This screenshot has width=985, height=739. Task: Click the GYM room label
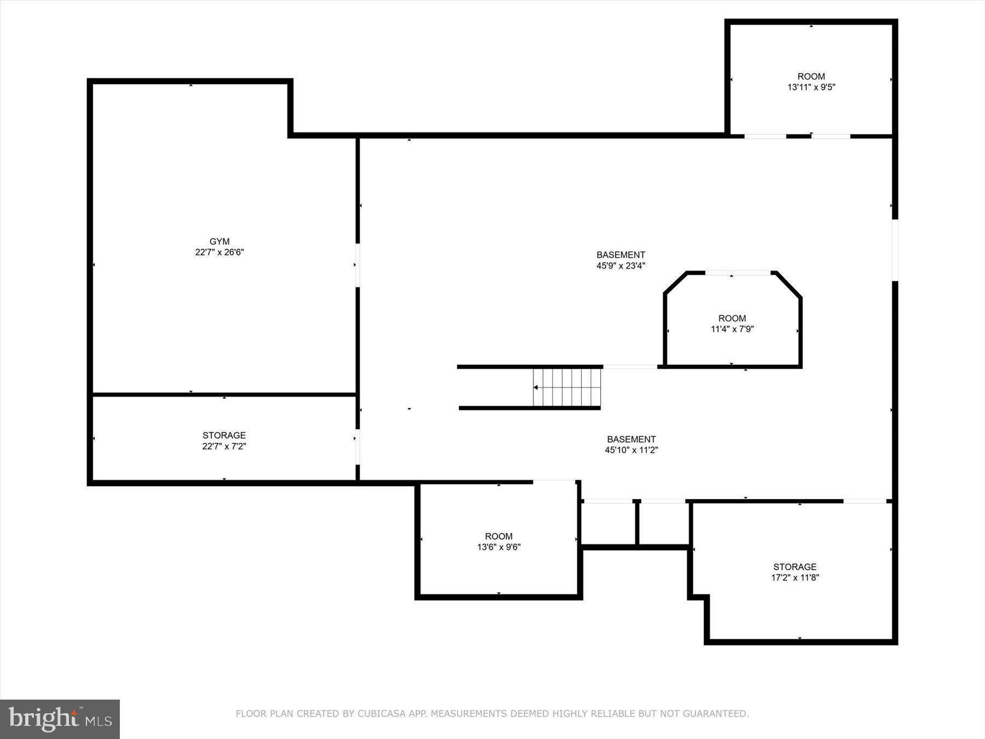pos(219,241)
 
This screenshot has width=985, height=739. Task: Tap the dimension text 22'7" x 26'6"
pos(219,252)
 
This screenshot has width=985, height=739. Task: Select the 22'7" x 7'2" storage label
pos(224,441)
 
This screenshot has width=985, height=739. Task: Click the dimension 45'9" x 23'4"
pos(621,266)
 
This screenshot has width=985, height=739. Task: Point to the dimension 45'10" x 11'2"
pos(631,450)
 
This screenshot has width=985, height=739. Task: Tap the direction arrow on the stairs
pos(536,388)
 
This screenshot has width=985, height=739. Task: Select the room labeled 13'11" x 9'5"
pos(811,82)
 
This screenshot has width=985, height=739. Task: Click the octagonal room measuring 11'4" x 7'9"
pos(732,324)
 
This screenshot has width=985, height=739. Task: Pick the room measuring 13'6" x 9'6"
pos(499,541)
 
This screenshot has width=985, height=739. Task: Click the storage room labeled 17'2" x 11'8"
pos(795,572)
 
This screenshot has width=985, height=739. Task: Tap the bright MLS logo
pos(60,719)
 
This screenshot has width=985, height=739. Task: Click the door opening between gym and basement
pos(357,265)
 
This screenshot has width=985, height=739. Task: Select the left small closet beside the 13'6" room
pos(608,523)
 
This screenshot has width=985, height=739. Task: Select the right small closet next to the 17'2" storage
pos(663,523)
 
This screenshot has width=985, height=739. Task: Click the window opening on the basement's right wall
pos(895,250)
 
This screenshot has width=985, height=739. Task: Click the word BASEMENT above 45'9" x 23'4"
pos(621,255)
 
